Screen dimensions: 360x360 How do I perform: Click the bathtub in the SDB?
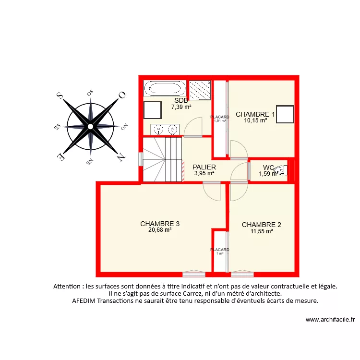click(165, 88)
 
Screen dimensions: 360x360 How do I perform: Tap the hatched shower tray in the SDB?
click(200, 90)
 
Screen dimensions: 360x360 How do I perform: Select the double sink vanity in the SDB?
click(165, 130)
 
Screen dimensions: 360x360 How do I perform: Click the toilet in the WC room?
click(282, 169)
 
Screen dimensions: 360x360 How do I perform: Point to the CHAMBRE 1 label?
click(255, 114)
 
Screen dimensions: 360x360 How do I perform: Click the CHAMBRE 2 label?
click(261, 225)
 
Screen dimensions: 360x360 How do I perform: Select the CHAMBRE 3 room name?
click(160, 224)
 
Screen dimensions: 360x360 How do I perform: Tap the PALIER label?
click(204, 167)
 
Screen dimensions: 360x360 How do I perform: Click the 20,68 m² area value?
click(160, 230)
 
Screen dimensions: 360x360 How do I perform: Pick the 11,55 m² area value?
click(262, 231)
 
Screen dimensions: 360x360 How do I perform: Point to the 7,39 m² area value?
click(181, 107)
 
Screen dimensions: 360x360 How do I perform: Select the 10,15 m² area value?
click(255, 120)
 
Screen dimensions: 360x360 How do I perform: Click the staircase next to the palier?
click(163, 158)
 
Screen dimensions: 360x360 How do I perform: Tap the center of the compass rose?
click(90, 126)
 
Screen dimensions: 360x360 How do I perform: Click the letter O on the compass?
click(122, 95)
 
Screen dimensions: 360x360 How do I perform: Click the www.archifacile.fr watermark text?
click(330, 320)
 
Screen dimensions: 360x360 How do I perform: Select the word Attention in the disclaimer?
click(68, 286)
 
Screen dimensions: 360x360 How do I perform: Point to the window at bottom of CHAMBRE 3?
click(194, 274)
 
